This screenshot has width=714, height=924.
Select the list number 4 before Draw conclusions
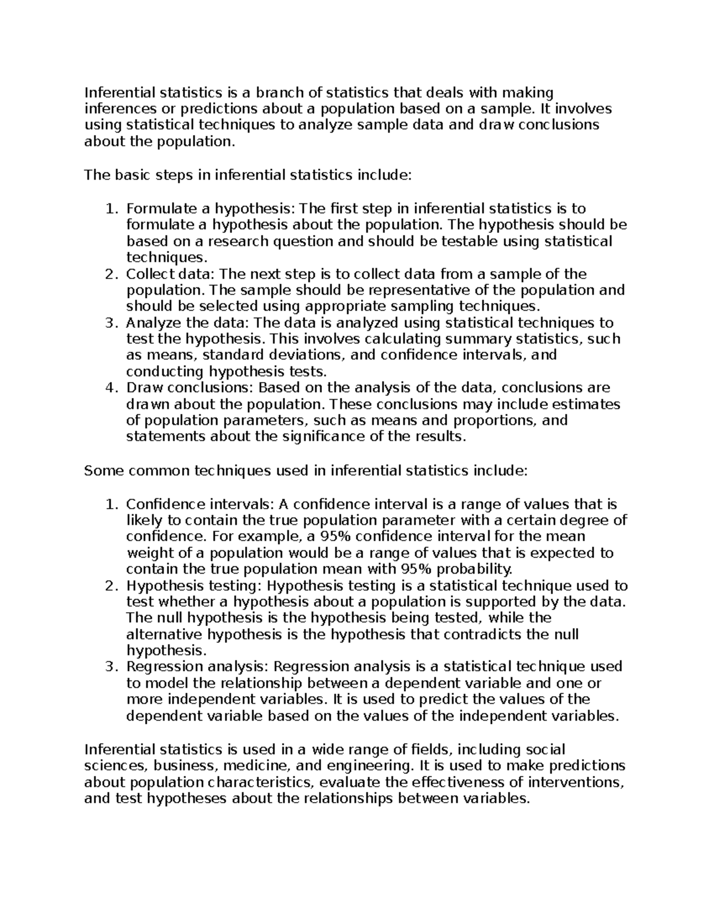tap(109, 388)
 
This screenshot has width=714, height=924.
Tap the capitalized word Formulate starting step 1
tap(156, 209)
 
